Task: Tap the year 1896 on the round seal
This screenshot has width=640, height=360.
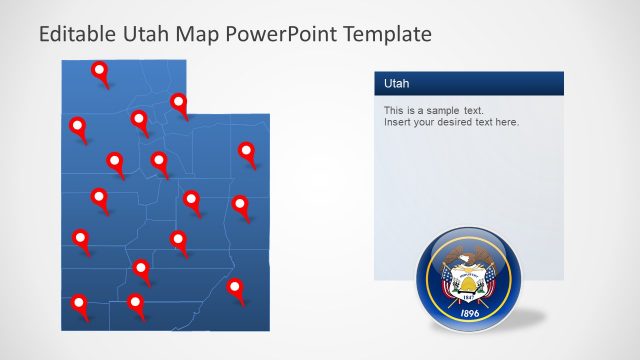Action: [x=468, y=313]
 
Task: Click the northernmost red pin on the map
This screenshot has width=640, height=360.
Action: [x=99, y=70]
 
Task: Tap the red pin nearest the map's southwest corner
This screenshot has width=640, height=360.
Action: [x=80, y=301]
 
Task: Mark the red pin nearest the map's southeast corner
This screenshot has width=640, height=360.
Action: [x=235, y=287]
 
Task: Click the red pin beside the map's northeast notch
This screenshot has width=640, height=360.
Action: [x=179, y=101]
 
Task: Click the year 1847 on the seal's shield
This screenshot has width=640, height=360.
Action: [x=468, y=298]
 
